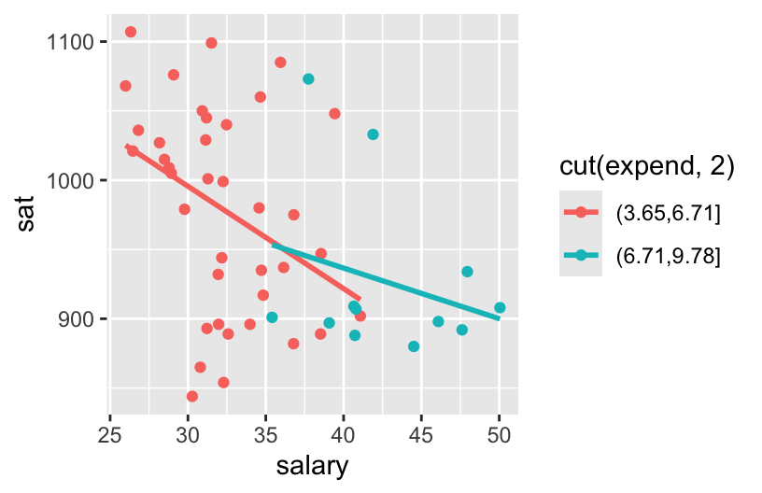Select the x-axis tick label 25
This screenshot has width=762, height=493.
click(x=110, y=434)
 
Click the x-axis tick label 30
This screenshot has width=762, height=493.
click(x=189, y=434)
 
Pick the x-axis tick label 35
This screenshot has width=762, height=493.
click(x=266, y=434)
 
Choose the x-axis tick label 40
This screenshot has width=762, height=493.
click(x=344, y=434)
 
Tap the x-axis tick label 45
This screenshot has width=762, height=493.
click(x=421, y=434)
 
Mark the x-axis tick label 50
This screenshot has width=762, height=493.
click(x=500, y=434)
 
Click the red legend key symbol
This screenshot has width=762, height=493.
click(x=581, y=213)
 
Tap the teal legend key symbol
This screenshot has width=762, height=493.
click(x=581, y=255)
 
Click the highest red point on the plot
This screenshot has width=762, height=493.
click(x=131, y=32)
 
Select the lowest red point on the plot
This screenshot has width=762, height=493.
click(x=192, y=396)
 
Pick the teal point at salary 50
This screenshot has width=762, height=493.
click(x=500, y=307)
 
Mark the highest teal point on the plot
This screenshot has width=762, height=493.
click(x=308, y=79)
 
